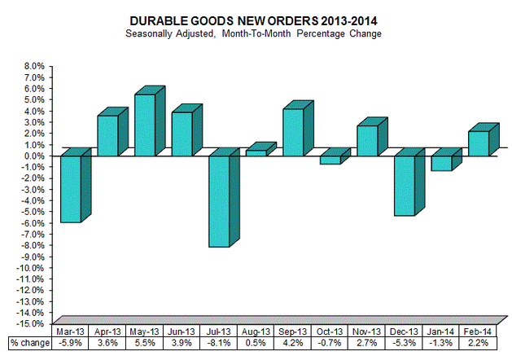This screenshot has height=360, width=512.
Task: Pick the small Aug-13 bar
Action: click(256, 152)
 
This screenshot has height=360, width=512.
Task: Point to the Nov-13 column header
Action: click(370, 331)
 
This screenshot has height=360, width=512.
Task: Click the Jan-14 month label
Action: click(444, 331)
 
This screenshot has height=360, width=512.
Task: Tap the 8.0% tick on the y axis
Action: click(34, 66)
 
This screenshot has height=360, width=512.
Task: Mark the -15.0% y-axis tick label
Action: click(32, 323)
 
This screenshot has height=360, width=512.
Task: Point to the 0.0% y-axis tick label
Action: click(34, 156)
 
